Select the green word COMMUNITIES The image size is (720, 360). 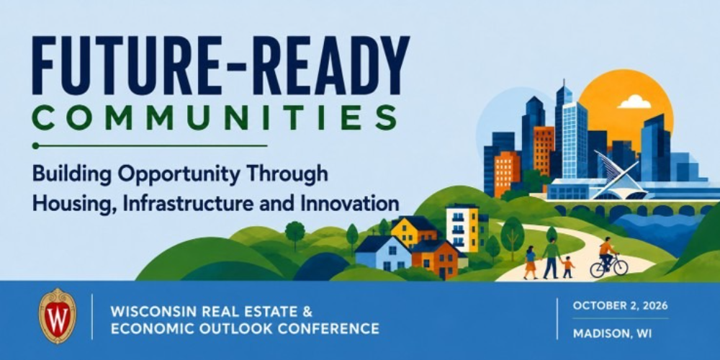(215, 119)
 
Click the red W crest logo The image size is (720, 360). (58, 315)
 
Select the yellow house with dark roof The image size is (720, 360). (415, 231)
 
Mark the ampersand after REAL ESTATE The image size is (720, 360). (307, 312)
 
